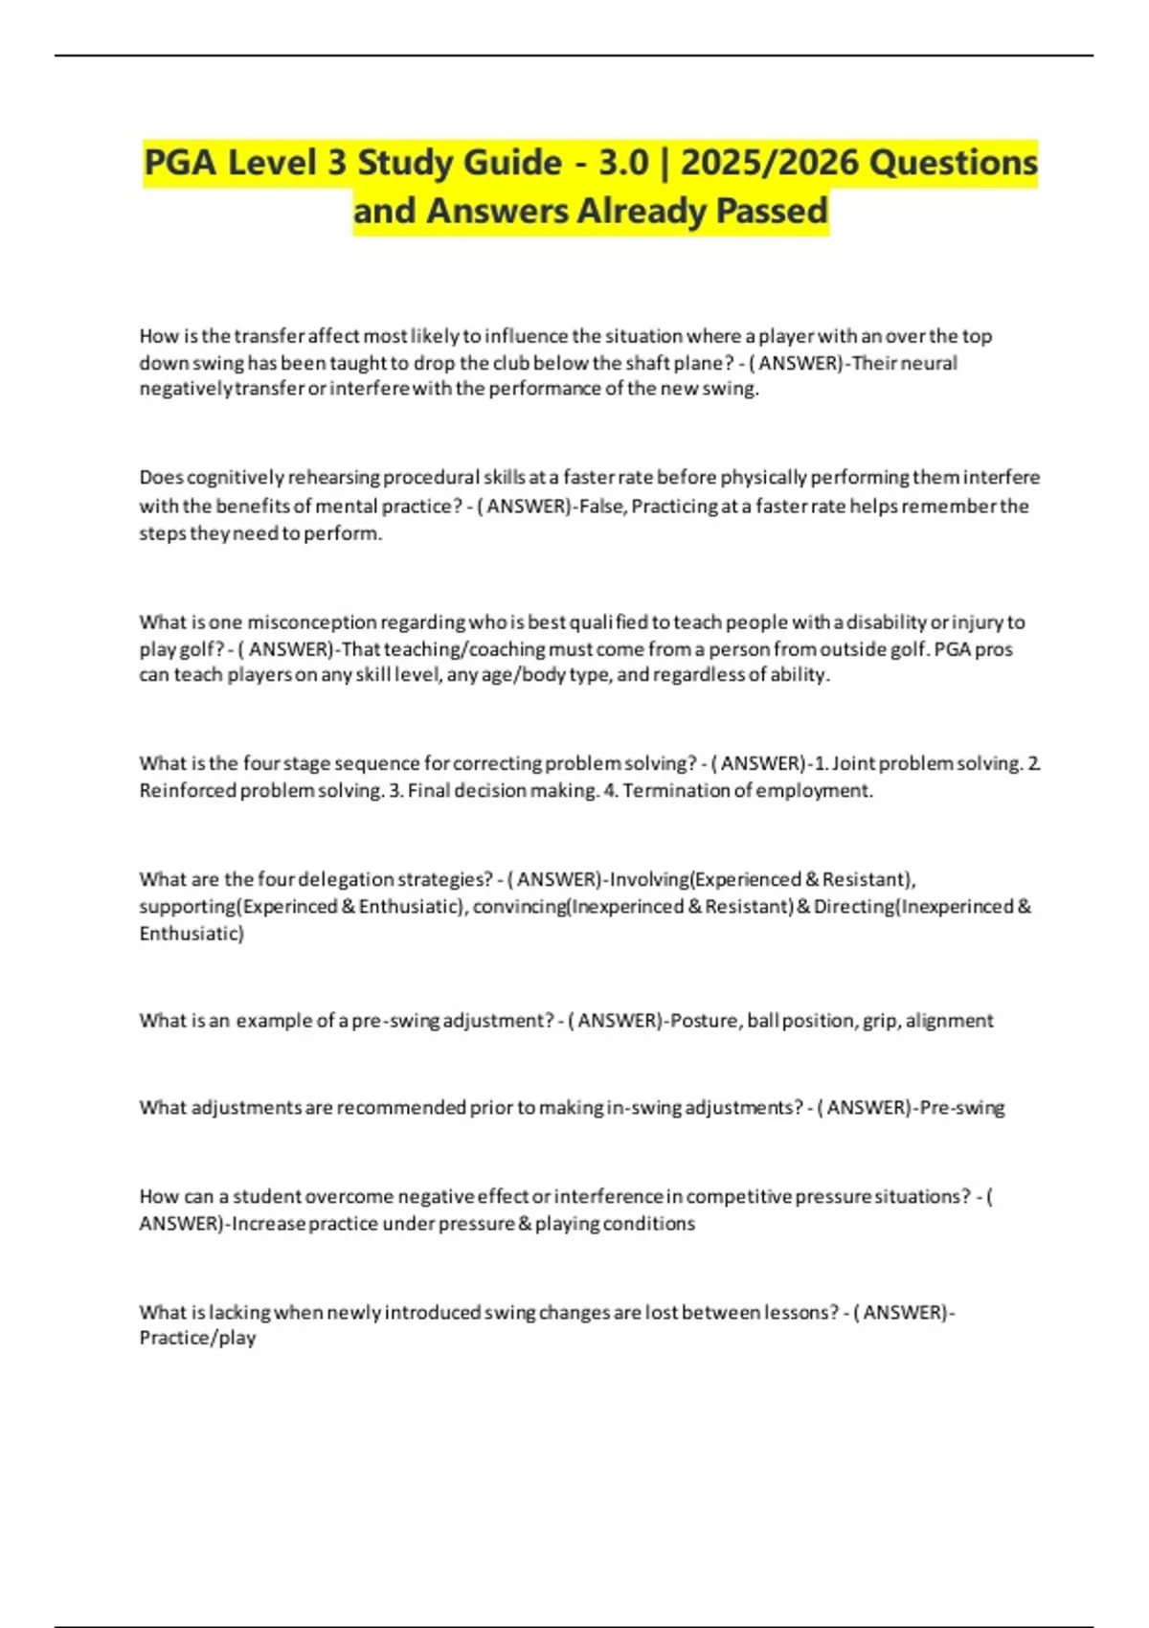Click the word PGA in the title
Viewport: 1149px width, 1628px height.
click(x=179, y=163)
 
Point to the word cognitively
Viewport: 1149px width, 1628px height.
click(x=236, y=477)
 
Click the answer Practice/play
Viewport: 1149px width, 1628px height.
click(x=197, y=1339)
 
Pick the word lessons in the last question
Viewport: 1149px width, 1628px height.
click(x=800, y=1312)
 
